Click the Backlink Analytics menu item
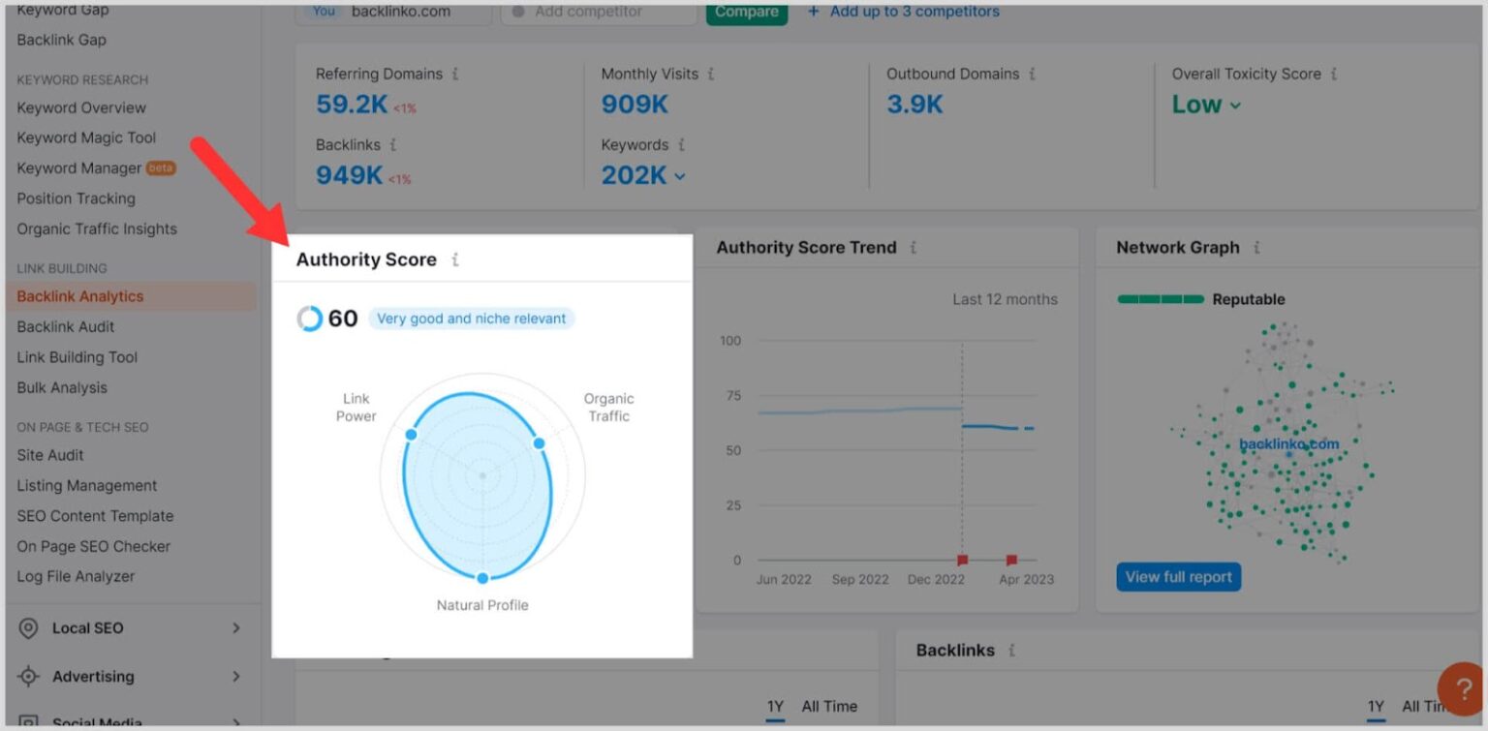tap(80, 296)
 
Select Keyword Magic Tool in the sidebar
tap(86, 137)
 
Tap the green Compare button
tap(746, 13)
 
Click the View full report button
tap(1178, 577)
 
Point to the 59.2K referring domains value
tap(353, 104)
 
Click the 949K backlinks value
tap(350, 175)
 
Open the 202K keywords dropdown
tap(643, 175)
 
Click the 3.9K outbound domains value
tap(914, 104)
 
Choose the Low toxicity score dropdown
tap(1206, 105)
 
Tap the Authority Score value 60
tap(342, 319)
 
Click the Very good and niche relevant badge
tap(472, 319)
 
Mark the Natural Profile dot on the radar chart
tap(482, 578)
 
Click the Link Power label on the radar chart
tap(356, 407)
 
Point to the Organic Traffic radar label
tap(608, 407)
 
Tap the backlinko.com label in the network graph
tap(1288, 444)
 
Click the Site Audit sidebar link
tap(50, 455)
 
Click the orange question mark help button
tap(1460, 688)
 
